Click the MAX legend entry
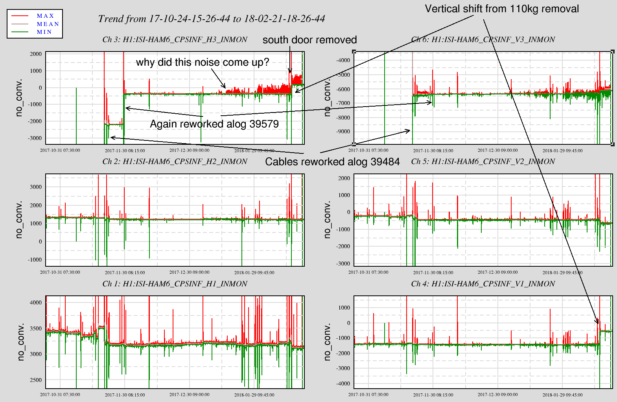(45, 16)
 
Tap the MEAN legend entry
(48, 24)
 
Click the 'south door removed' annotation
(309, 40)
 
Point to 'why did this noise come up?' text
(203, 62)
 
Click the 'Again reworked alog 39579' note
(214, 124)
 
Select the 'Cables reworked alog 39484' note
(332, 162)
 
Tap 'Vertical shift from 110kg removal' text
(502, 9)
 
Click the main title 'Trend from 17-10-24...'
(212, 18)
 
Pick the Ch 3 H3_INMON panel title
(175, 39)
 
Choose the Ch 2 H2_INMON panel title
(175, 161)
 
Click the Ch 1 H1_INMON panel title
(175, 284)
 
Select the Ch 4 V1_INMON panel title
(483, 284)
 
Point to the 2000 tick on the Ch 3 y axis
(36, 54)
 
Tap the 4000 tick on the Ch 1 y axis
(36, 302)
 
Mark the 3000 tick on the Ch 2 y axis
(36, 187)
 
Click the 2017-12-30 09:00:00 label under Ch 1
(190, 395)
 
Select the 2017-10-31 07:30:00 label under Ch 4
(368, 395)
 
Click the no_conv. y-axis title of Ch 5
(327, 220)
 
